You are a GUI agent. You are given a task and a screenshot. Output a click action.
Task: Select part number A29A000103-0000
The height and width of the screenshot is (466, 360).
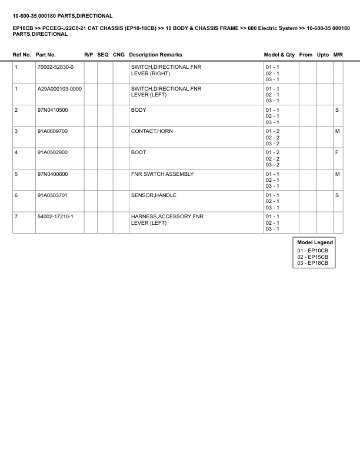(59, 89)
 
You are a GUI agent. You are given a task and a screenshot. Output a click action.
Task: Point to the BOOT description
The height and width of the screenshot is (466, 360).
(139, 153)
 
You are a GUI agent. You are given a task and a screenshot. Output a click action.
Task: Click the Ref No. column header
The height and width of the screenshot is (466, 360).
(22, 55)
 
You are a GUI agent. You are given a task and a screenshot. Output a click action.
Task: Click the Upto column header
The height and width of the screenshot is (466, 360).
(323, 55)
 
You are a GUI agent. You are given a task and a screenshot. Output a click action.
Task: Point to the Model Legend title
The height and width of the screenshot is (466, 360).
(315, 242)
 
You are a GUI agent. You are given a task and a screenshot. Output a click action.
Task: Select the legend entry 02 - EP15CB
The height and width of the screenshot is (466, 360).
(313, 257)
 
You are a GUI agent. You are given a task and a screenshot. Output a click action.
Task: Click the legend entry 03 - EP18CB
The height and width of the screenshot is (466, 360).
(313, 264)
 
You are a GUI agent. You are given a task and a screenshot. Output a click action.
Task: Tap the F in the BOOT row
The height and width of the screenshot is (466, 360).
(337, 153)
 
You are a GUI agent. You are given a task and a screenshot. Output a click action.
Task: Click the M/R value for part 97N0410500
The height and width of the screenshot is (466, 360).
(337, 110)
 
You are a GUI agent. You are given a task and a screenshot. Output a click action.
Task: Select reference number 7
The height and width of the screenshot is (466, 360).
(16, 217)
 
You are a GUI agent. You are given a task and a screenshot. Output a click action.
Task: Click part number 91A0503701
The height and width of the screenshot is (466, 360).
(52, 195)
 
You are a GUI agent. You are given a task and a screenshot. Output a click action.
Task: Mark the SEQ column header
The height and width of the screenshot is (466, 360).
(103, 55)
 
